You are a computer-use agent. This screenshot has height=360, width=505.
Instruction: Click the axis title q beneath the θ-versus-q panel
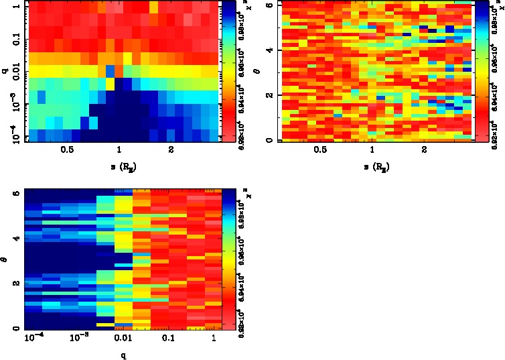click(x=123, y=354)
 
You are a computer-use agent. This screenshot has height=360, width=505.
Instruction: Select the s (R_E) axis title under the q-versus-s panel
click(x=119, y=164)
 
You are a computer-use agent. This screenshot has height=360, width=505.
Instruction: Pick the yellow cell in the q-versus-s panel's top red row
click(x=154, y=6)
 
